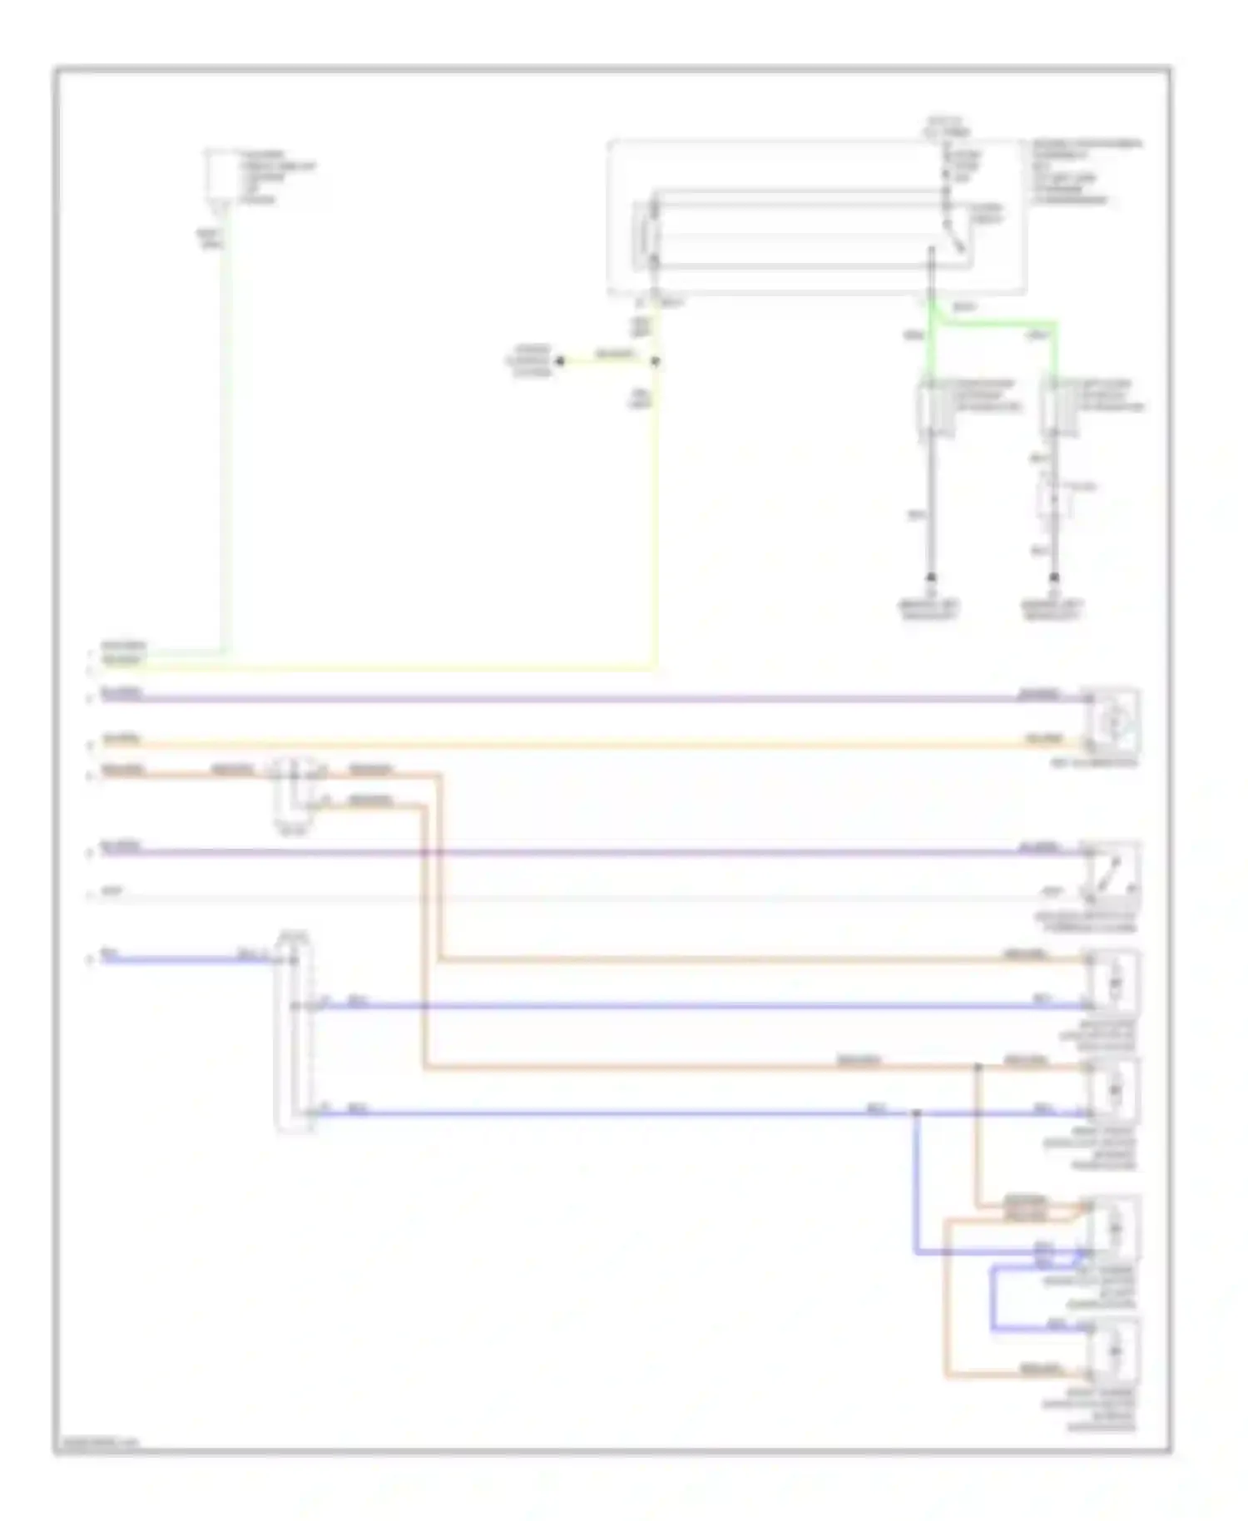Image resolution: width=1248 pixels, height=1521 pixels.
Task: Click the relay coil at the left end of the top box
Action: (644, 236)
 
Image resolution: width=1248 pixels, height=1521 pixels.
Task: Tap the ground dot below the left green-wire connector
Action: (932, 577)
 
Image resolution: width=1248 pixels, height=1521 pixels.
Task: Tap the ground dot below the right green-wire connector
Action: (1054, 577)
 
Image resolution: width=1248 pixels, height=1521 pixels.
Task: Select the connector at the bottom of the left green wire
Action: (932, 408)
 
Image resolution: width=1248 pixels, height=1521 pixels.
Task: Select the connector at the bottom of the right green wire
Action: (1054, 408)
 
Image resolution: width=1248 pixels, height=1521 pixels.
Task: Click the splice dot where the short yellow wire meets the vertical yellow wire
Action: (655, 361)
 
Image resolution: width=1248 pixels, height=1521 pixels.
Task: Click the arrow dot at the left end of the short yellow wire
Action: (560, 361)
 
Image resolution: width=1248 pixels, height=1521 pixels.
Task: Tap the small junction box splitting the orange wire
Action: (293, 793)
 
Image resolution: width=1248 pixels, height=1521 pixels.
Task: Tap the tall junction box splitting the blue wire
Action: (295, 1032)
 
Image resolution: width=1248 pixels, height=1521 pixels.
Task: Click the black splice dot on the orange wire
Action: (978, 1066)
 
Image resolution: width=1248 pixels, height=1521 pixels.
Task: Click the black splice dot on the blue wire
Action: (916, 1112)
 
